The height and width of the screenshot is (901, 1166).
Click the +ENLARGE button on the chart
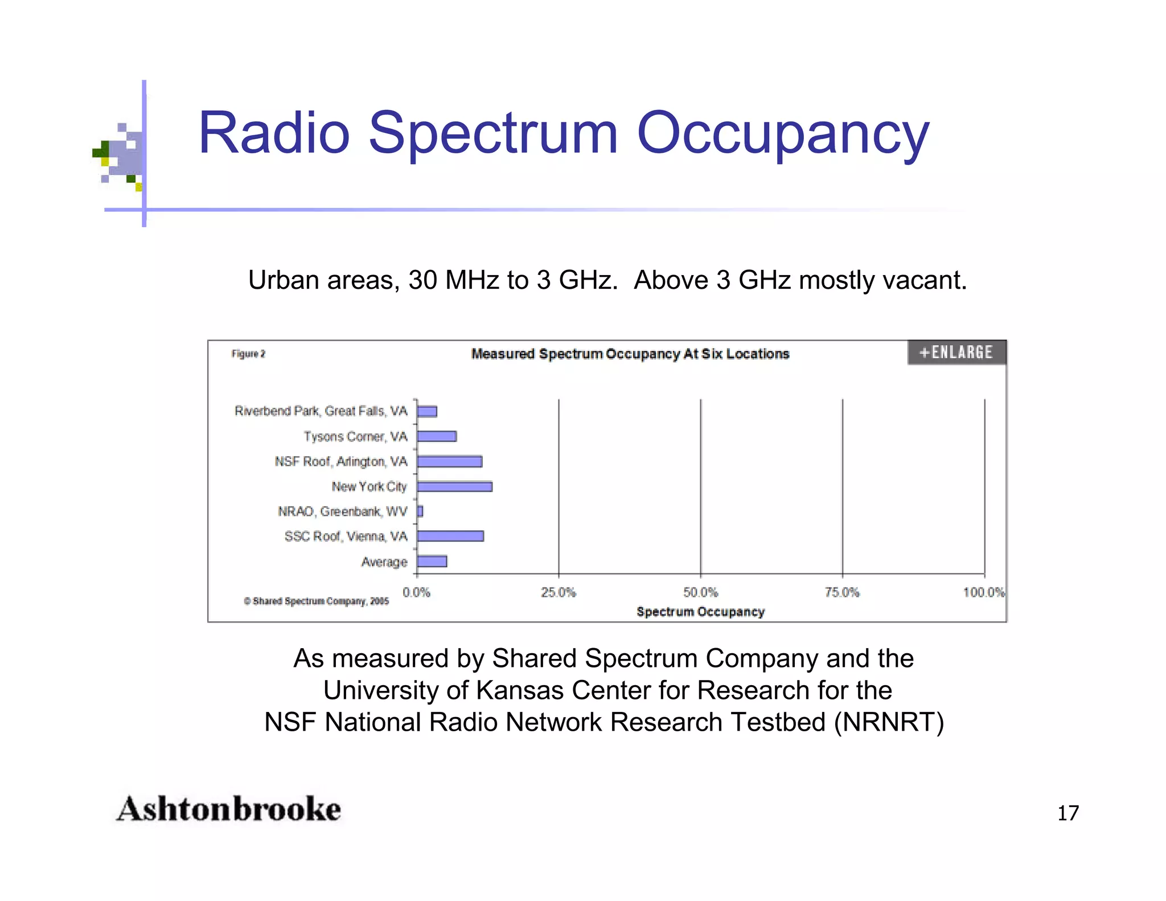tap(956, 353)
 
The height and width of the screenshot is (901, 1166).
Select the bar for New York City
tap(454, 486)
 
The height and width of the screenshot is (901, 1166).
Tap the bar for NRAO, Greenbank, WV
tap(420, 511)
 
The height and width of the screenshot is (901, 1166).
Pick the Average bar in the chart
tap(432, 562)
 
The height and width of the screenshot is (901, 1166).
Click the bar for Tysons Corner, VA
tap(437, 436)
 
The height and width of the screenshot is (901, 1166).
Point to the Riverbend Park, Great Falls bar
tap(427, 411)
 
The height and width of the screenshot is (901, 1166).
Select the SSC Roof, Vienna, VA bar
tap(450, 536)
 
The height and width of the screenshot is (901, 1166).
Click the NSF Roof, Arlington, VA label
tap(340, 461)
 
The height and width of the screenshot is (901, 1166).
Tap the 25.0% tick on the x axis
tap(558, 592)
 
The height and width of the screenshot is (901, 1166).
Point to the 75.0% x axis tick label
tap(842, 592)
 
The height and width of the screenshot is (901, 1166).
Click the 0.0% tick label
tap(416, 592)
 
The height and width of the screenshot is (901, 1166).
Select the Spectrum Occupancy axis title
tap(700, 612)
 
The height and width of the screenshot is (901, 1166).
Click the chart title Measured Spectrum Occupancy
tap(630, 354)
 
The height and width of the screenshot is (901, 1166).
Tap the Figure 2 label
tap(248, 354)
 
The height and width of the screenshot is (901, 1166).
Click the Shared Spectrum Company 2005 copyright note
tap(316, 601)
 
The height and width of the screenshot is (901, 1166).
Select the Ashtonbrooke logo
tap(228, 809)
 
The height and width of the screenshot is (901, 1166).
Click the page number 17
tap(1068, 813)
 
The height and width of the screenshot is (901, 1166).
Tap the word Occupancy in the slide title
tap(783, 134)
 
